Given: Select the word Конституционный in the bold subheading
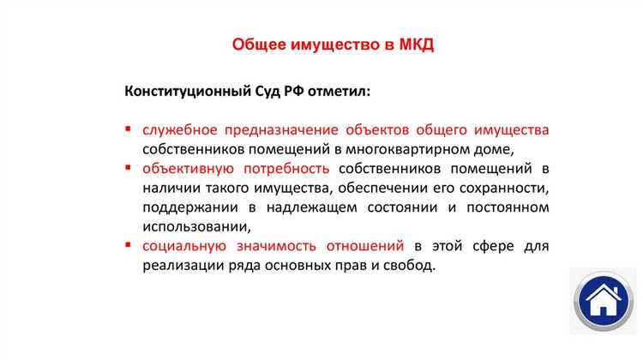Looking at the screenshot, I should pos(184,91).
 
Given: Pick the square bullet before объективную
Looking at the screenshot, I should pos(128,168).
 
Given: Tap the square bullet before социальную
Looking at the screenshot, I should pos(128,246).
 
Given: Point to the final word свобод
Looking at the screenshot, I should pos(412,266).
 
